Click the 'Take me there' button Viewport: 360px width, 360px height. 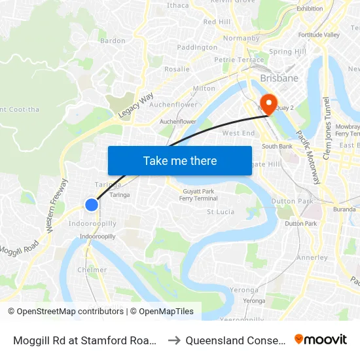point(180,160)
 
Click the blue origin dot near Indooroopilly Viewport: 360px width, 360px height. point(92,205)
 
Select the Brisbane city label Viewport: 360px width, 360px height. point(279,78)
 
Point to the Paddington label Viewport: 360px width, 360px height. point(197,48)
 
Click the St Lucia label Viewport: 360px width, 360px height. point(221,212)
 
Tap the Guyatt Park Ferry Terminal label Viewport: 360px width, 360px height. point(199,194)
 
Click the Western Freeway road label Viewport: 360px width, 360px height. point(55,204)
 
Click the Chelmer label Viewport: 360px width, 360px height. point(92,270)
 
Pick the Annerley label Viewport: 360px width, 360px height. point(312,257)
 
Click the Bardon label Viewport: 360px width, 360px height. point(113,41)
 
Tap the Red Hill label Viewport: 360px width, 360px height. point(217,22)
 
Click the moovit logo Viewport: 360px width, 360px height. point(320,340)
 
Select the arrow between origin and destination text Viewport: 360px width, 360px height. point(174,340)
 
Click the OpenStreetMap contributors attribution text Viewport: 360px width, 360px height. point(66,312)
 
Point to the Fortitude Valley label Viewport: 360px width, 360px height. point(319,35)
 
